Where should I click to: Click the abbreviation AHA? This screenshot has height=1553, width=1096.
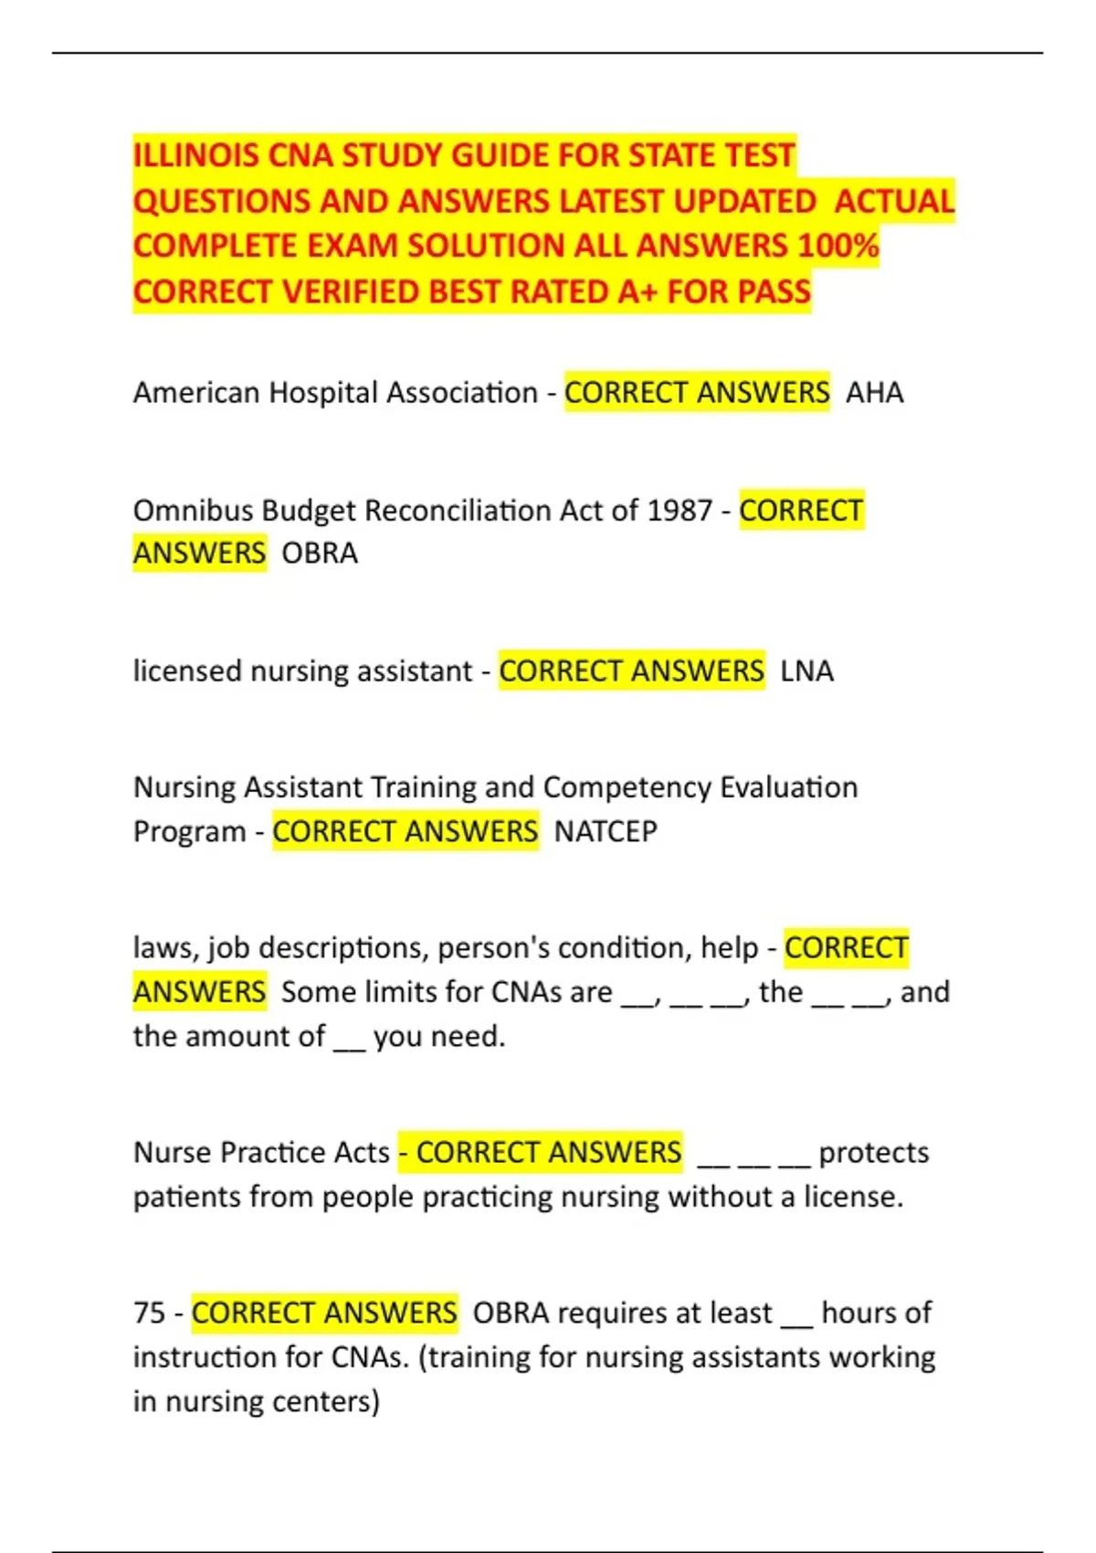click(874, 393)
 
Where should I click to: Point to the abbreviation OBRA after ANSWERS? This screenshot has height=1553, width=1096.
click(320, 554)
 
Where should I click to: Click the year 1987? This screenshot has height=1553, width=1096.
click(679, 510)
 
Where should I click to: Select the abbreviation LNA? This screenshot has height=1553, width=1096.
click(806, 671)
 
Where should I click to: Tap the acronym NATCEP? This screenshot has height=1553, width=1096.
click(606, 831)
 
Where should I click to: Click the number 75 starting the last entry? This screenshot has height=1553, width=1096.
click(149, 1313)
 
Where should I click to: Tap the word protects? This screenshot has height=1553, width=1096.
click(873, 1153)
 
